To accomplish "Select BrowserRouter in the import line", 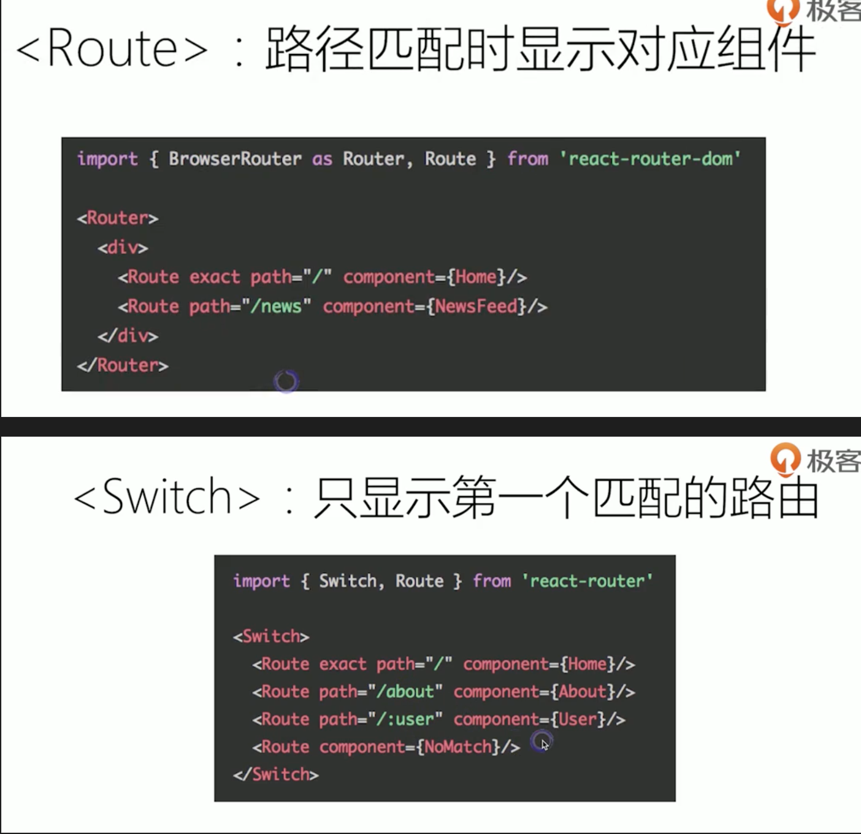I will (235, 159).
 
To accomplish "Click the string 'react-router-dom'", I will (650, 159).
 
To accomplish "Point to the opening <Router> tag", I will (118, 218).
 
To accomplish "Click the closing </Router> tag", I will (123, 365).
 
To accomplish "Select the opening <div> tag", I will (123, 248).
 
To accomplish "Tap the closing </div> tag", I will (128, 336).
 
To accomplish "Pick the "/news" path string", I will (277, 307).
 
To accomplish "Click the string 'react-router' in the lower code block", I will (587, 581).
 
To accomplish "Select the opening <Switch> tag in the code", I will (271, 637).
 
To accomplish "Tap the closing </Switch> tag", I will (276, 775).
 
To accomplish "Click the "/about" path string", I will (405, 692).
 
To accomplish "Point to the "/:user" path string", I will (405, 719).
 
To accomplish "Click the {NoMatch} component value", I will (458, 747).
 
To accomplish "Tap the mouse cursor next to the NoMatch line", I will (543, 744).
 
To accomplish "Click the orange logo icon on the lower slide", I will (785, 458).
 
